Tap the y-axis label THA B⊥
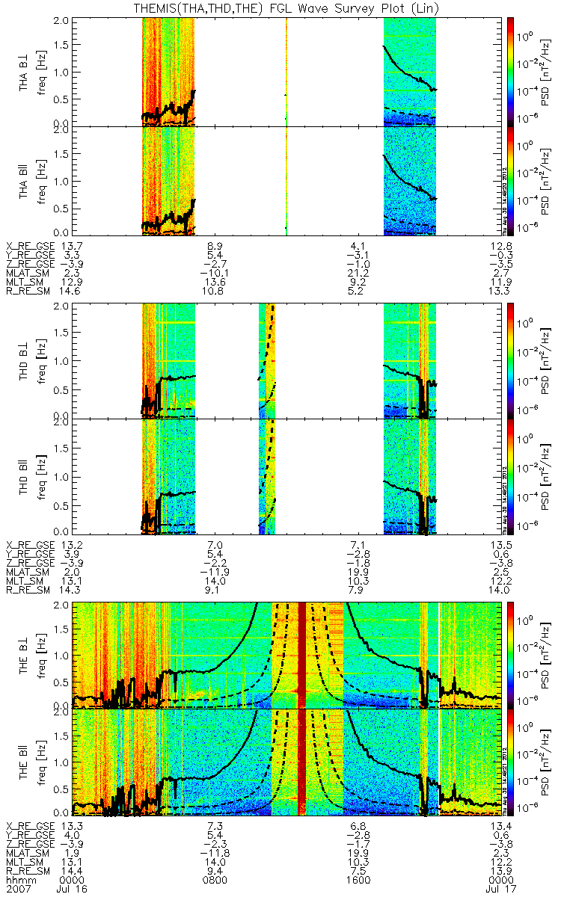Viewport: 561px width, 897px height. coord(25,73)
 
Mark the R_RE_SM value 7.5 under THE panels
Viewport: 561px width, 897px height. coord(358,872)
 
